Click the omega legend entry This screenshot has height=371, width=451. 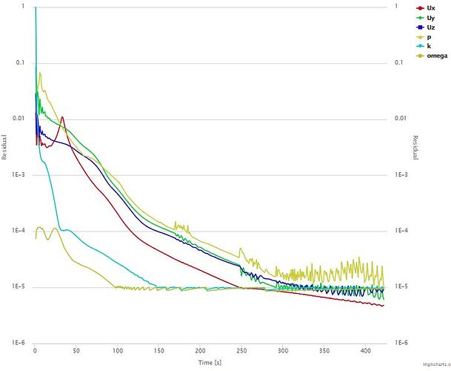[436, 55]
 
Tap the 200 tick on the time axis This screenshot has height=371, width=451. [201, 349]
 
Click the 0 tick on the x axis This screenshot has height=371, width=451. [35, 349]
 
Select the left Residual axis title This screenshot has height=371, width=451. [4, 147]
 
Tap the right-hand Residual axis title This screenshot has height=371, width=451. [415, 147]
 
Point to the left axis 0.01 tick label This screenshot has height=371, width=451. [20, 119]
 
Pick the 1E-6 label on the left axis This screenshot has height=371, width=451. [19, 344]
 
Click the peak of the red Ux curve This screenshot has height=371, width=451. [63, 116]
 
